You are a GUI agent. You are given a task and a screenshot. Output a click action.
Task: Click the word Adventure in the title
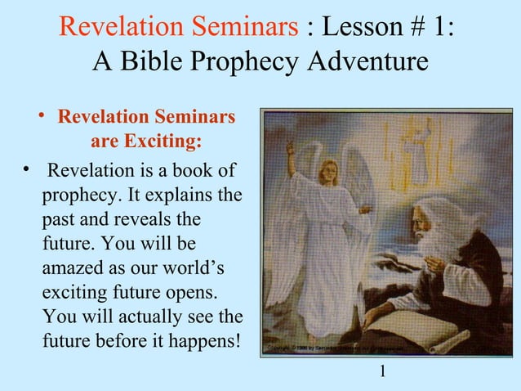click(x=362, y=61)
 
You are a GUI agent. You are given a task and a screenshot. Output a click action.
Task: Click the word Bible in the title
click(x=162, y=61)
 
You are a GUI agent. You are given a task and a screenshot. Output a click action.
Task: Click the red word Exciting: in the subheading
click(x=163, y=142)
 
